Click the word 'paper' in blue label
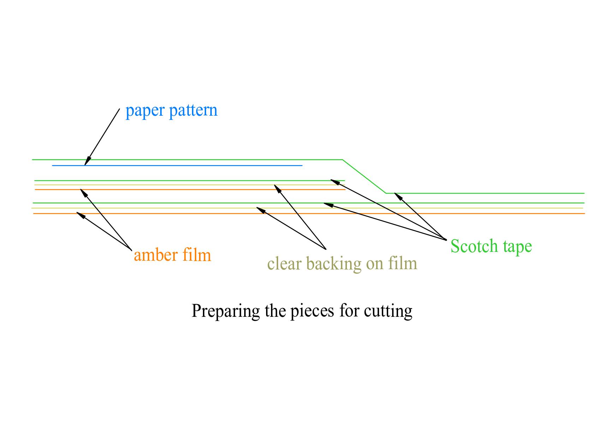pos(145,111)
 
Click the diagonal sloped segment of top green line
pos(364,176)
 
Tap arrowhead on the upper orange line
pos(83,192)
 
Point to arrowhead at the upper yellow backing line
pos(277,188)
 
